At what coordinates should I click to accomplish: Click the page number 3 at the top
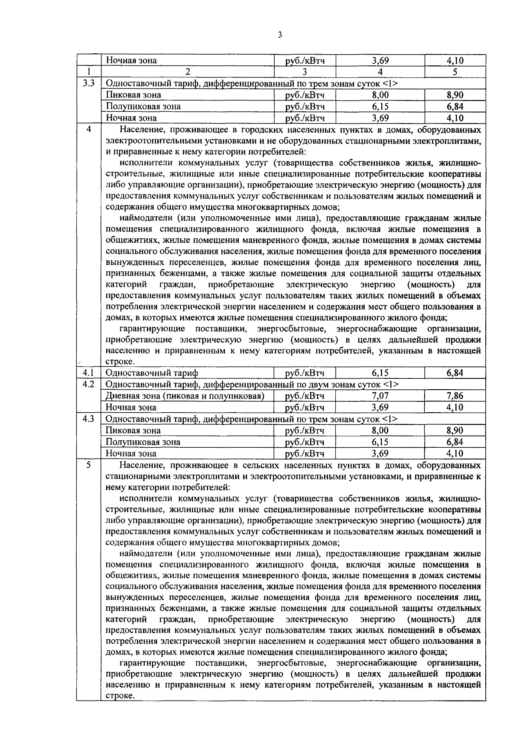coord(279,35)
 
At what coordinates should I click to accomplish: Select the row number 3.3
coord(89,83)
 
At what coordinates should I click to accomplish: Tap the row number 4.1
coord(89,372)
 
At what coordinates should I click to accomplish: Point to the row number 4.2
coord(89,384)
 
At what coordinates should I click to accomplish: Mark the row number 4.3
coord(89,419)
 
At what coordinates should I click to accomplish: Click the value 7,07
coord(380,396)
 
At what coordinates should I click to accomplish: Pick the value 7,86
coord(455,396)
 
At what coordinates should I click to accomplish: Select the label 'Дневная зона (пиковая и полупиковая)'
coord(185,396)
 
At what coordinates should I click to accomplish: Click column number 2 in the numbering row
coord(188,72)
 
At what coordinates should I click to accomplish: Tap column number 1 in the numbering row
coord(88,72)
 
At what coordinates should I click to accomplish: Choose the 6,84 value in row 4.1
coord(455,373)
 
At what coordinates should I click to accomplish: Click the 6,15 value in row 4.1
coord(380,373)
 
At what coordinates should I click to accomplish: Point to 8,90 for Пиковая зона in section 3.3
coord(455,95)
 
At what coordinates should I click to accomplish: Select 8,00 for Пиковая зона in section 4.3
coord(380,430)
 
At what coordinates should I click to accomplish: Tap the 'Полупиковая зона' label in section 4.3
coord(143,442)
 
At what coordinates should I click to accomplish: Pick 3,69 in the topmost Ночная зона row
coord(380,61)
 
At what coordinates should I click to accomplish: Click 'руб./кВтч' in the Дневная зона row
coord(305,396)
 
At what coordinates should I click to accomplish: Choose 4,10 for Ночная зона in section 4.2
coord(455,407)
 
